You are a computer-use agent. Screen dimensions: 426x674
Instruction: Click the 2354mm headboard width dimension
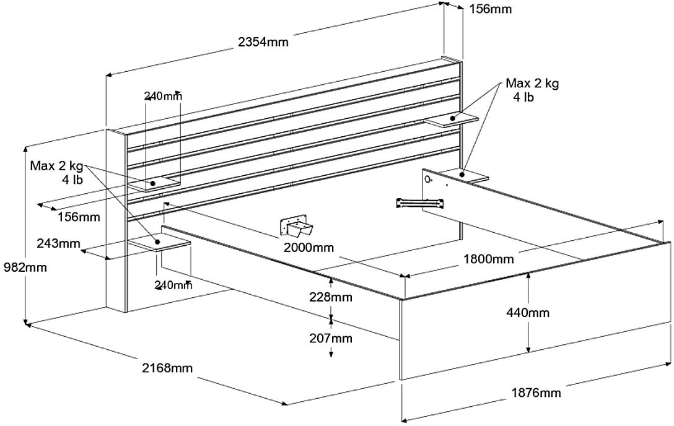pos(263,42)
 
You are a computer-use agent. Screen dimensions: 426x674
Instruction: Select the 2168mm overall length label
pos(167,368)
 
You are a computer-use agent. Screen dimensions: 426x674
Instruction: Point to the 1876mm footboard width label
pos(536,392)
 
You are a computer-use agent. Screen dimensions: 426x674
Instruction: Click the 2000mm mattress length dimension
pos(308,248)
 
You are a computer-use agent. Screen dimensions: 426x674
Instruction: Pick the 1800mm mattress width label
pos(489,259)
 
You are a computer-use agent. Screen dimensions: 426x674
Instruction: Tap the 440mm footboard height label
pos(527,313)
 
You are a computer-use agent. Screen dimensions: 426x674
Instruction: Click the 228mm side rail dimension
pos(331,297)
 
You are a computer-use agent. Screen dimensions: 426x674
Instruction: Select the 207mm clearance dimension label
pos(331,338)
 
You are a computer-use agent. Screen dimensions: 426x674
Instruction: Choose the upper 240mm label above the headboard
pos(163,96)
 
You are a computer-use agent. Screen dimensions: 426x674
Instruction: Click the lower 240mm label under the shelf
pos(173,285)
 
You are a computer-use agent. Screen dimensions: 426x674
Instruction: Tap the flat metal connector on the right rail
pos(421,202)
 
